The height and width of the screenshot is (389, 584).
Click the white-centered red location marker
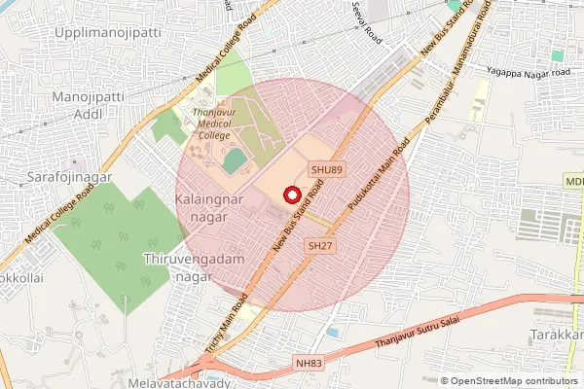(292, 194)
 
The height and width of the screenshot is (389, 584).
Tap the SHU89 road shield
(327, 170)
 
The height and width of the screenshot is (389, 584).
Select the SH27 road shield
(320, 247)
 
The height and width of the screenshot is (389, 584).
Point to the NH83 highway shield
(309, 362)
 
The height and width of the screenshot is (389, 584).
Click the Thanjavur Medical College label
(207, 124)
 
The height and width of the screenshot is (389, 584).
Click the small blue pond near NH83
(333, 333)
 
